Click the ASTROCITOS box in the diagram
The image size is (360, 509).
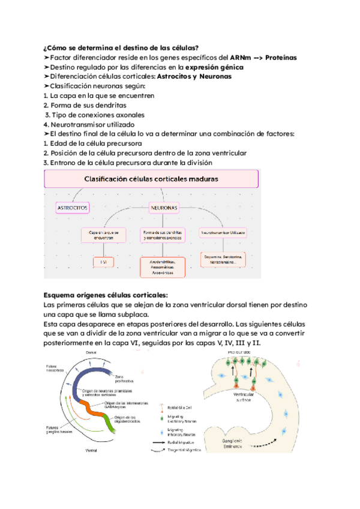click(73, 208)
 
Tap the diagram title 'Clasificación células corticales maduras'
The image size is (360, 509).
click(151, 179)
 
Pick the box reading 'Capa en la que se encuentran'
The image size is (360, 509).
click(104, 235)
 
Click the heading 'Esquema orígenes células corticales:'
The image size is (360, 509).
click(106, 295)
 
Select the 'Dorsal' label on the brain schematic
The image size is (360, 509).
click(91, 352)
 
